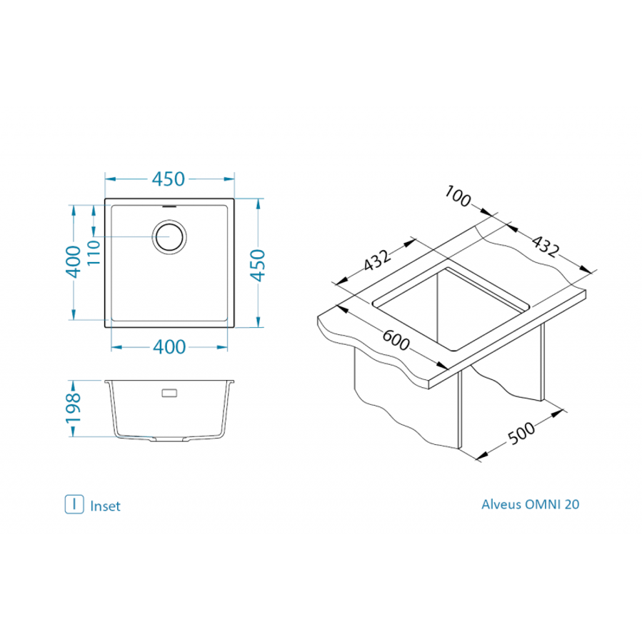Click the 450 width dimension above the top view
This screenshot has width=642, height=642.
170,179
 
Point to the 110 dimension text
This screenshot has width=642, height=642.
93,253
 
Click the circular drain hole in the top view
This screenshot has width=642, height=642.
170,236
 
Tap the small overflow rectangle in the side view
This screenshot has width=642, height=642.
171,393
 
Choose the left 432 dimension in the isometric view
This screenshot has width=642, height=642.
376,261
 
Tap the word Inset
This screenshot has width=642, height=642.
106,506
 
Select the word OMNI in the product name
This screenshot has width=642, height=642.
543,504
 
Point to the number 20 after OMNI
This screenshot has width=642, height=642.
572,504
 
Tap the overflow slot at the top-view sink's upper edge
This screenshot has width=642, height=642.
170,204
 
